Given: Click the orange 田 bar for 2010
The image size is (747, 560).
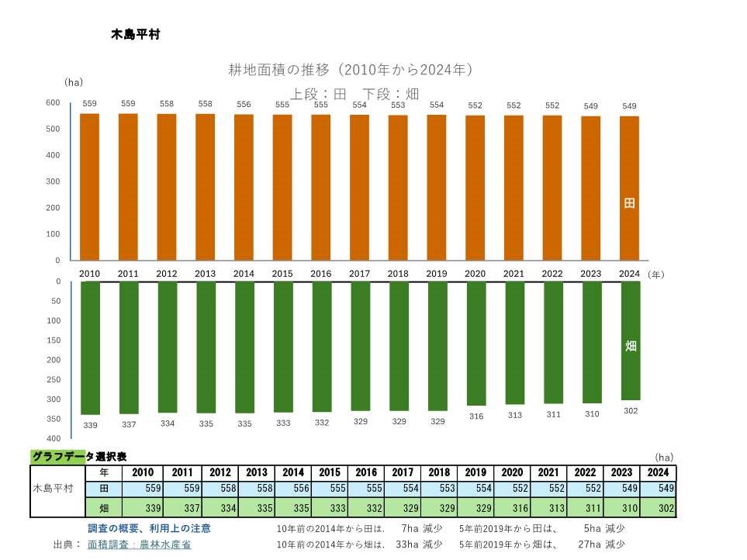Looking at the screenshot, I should (90, 187).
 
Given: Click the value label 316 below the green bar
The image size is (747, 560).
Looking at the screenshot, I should (476, 417).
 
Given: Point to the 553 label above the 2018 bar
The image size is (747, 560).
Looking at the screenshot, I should (398, 105).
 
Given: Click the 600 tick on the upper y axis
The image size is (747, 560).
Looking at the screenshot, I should (53, 103).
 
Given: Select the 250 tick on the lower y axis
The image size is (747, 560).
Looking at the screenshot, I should (53, 379).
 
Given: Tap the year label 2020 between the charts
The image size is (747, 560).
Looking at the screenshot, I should (475, 274).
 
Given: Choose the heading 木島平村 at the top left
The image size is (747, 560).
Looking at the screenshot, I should (136, 35).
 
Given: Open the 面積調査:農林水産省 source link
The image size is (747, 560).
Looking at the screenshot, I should (140, 544).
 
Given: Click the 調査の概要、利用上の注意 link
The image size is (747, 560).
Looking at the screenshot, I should (149, 528).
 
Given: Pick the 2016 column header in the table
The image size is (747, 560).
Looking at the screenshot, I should (367, 472).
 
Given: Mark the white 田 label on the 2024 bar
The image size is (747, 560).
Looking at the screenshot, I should (630, 203).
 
